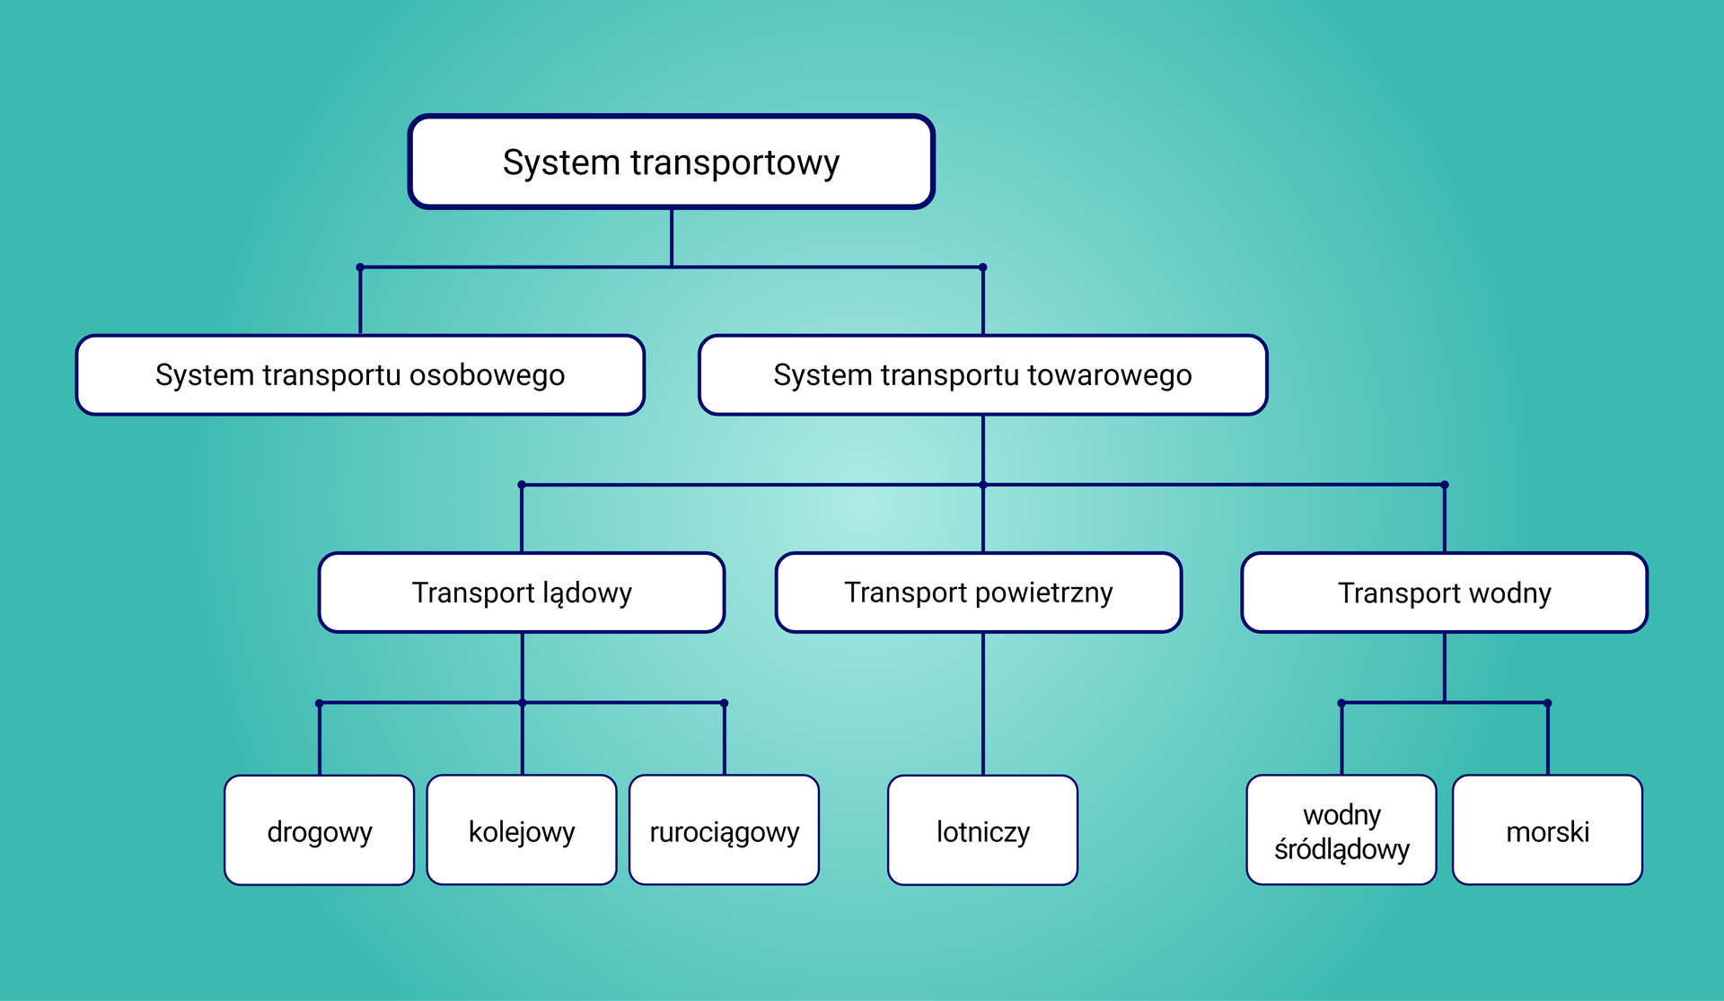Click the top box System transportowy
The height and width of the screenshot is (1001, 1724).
(671, 162)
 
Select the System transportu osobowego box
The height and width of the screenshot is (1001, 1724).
(360, 375)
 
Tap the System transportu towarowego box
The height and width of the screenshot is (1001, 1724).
(982, 375)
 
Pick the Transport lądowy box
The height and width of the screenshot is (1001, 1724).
(522, 593)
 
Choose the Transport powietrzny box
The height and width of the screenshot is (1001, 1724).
(978, 593)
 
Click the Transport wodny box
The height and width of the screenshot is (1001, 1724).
(1444, 593)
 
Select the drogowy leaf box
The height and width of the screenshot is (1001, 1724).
(319, 830)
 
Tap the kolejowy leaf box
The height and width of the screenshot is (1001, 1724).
(522, 830)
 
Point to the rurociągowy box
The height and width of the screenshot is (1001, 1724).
(724, 830)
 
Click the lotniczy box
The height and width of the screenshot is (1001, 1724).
(982, 830)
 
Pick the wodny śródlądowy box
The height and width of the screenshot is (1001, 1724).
(1341, 830)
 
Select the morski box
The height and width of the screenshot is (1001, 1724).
(1547, 830)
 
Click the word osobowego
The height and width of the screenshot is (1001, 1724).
(487, 375)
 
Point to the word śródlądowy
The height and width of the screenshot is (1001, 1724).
(1341, 849)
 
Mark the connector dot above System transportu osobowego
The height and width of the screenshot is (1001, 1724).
(360, 268)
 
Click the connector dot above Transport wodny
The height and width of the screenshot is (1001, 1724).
(1444, 485)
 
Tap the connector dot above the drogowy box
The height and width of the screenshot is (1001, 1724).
(320, 703)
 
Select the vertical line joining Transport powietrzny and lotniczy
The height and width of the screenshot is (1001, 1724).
(983, 705)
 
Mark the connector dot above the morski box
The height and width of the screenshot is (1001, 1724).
(1547, 703)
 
